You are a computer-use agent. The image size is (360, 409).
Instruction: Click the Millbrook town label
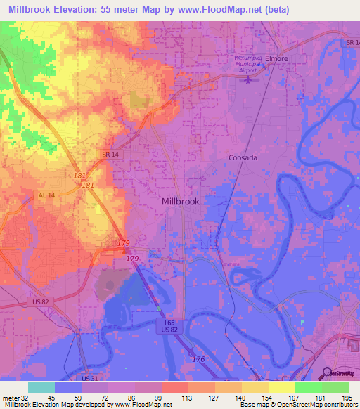coord(181,201)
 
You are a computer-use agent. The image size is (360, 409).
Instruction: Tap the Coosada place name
coord(243,158)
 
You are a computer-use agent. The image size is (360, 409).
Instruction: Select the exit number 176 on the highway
coord(200,359)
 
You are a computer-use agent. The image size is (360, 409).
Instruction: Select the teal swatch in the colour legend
coord(41,387)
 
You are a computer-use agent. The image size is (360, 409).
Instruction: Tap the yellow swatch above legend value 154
coord(255,387)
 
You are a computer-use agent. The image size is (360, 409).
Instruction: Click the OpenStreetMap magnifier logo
coord(326,373)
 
